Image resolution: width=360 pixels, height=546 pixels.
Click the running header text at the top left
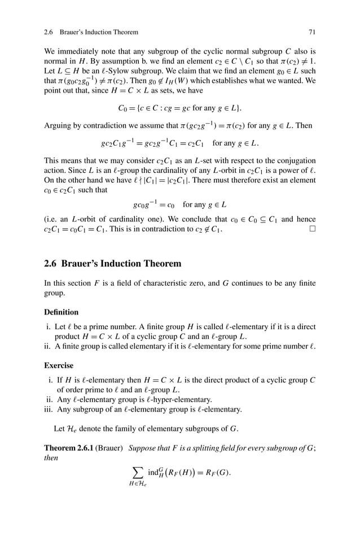pos(91,32)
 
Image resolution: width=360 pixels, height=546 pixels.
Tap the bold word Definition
pos(61,311)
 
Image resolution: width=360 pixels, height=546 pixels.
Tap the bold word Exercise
pos(59,365)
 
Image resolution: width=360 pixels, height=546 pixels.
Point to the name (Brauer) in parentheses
pos(112,448)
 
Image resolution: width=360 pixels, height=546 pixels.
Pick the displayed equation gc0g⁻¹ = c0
pos(179,204)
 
